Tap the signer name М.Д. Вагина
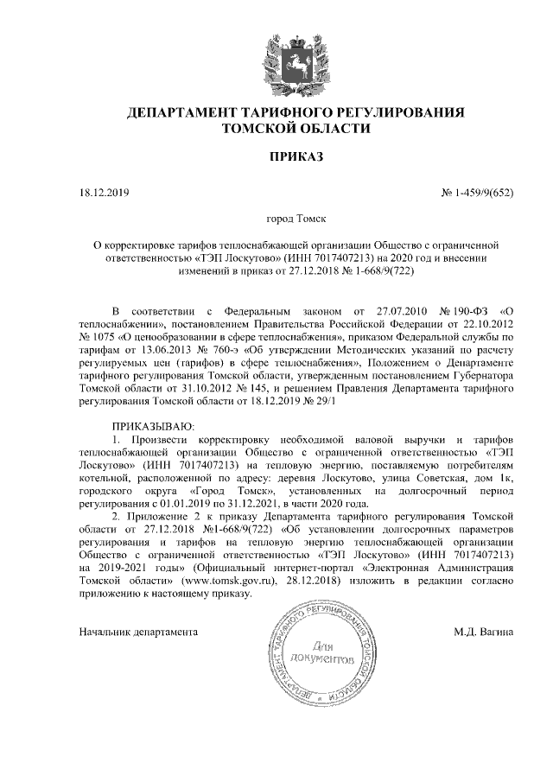click(484, 632)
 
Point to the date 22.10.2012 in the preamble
click(485, 321)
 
